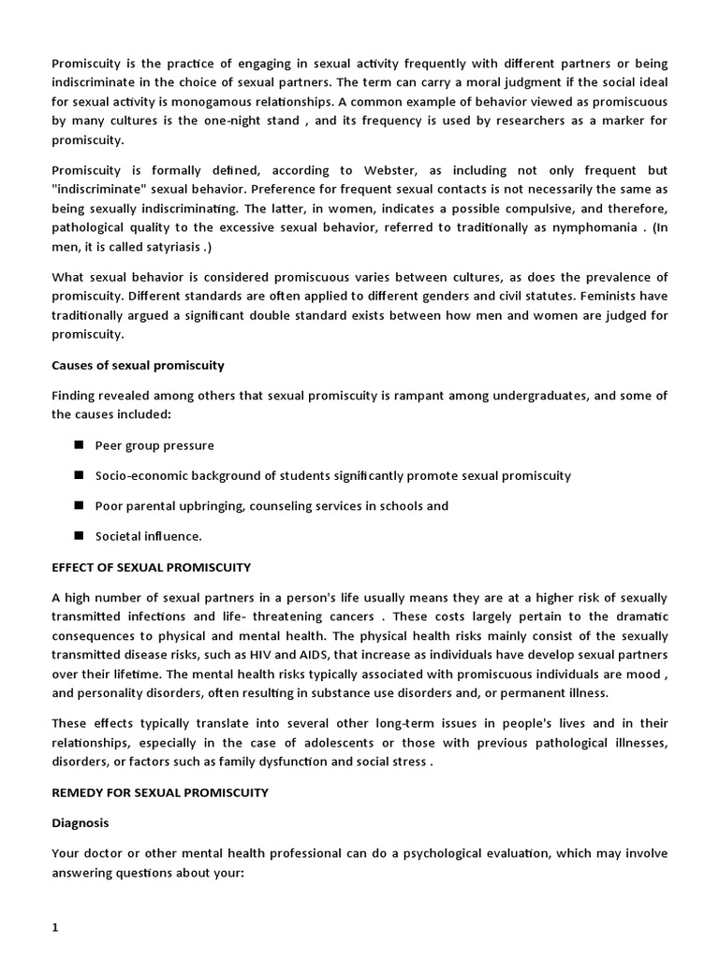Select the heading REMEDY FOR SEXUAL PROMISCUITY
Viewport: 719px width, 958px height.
[x=159, y=792]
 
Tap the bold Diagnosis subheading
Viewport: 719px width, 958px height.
[x=81, y=823]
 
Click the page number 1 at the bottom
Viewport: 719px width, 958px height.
[x=55, y=927]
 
